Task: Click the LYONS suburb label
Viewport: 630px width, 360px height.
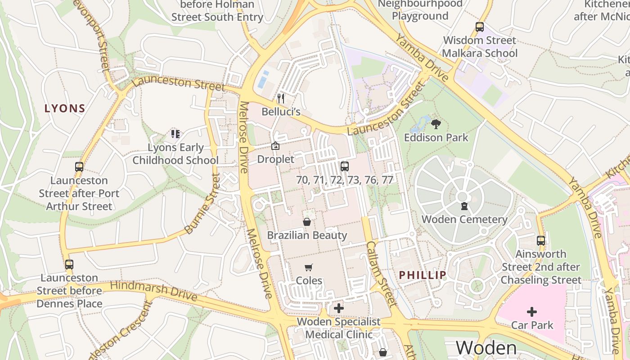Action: click(65, 108)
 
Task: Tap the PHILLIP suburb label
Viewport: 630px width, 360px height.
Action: click(423, 275)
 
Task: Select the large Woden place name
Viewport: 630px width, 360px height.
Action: click(486, 348)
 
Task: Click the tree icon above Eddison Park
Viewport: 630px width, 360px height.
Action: click(436, 124)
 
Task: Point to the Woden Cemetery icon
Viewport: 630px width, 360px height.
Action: click(464, 207)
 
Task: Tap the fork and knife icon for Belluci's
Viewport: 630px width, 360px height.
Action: click(281, 99)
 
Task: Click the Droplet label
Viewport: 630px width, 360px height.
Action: click(275, 159)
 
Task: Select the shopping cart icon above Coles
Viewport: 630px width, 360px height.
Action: click(309, 268)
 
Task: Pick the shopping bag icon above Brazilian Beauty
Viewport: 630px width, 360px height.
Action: click(307, 222)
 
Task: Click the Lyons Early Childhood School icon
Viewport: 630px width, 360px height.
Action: click(175, 134)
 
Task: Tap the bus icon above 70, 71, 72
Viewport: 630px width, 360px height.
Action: click(345, 166)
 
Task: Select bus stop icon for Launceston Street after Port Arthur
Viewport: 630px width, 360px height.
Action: click(79, 167)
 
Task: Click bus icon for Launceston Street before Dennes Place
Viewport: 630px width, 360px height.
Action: click(69, 265)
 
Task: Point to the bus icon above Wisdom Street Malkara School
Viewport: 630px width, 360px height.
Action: click(480, 27)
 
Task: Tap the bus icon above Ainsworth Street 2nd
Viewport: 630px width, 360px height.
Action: click(541, 241)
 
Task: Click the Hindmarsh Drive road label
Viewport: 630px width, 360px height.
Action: click(153, 291)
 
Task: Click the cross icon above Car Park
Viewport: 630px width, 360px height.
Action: click(532, 311)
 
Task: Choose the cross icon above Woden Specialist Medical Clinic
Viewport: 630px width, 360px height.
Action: click(339, 308)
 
